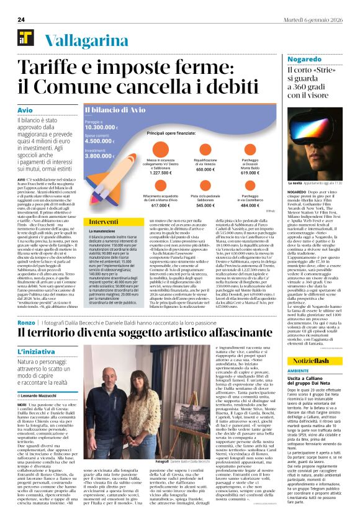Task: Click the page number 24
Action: click(x=20, y=20)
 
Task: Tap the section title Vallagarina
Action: click(x=81, y=40)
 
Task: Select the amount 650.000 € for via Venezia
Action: click(x=205, y=169)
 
